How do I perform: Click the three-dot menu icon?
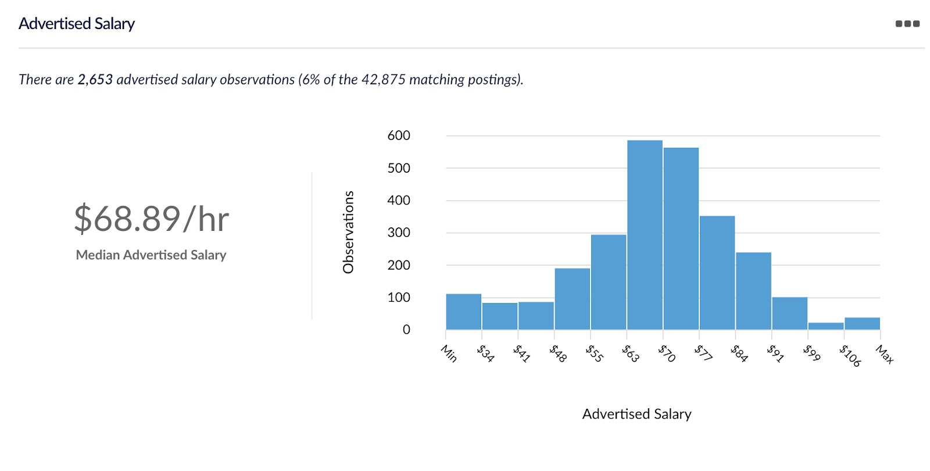[x=907, y=24]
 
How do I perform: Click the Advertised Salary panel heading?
[x=77, y=24]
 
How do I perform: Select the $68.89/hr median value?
[x=151, y=219]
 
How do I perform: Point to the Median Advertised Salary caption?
[x=151, y=255]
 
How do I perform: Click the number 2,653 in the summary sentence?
[x=95, y=80]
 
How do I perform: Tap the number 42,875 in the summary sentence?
[x=383, y=80]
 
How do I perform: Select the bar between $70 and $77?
[x=681, y=238]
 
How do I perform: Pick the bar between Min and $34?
[x=463, y=312]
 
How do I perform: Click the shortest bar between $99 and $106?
[x=825, y=326]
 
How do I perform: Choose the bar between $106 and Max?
[x=862, y=323]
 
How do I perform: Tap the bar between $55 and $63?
[x=609, y=282]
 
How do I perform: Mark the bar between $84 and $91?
[x=753, y=291]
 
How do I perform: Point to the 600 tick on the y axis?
[x=399, y=135]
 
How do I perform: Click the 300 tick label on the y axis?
[x=399, y=233]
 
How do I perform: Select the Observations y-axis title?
[x=348, y=232]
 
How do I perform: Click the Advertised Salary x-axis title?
[x=636, y=414]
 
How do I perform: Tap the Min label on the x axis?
[x=449, y=354]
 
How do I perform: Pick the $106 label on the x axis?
[x=850, y=355]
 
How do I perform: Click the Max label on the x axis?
[x=884, y=354]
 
